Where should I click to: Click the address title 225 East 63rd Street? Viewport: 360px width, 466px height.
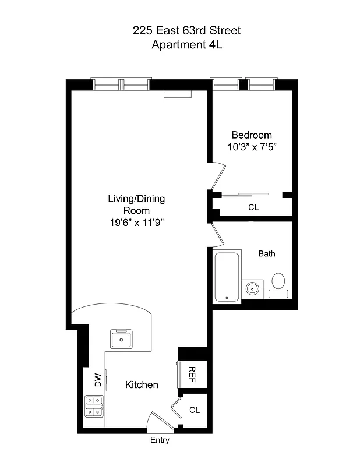pos(186,30)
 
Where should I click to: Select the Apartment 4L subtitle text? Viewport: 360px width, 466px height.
pos(186,45)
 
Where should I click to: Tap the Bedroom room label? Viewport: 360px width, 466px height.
pos(252,135)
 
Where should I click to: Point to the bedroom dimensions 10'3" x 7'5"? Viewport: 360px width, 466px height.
pos(252,148)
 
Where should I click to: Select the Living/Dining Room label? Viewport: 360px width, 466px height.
pos(136,204)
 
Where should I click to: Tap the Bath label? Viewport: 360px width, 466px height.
pos(267,254)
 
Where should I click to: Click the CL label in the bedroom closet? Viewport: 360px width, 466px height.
pos(253,207)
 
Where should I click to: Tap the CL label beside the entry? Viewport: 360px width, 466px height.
pos(195,410)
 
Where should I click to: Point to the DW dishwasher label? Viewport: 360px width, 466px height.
pos(98,380)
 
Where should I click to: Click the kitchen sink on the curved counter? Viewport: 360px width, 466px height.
pos(122,338)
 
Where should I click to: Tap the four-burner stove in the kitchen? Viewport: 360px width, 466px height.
pos(94,406)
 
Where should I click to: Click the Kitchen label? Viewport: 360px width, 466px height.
pos(142,385)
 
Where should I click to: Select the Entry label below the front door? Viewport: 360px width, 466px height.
pos(160,441)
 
